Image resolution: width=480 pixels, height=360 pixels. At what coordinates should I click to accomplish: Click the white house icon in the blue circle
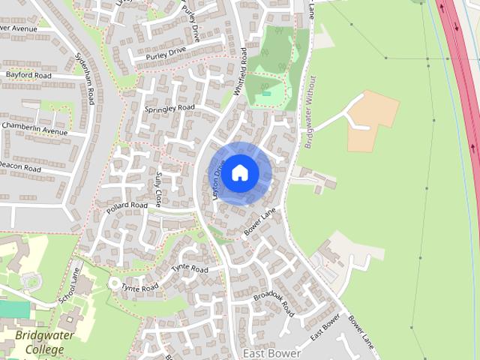click(239, 172)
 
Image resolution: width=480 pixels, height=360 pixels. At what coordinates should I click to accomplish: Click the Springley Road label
click(169, 109)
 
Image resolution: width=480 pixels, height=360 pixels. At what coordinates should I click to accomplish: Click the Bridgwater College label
click(44, 342)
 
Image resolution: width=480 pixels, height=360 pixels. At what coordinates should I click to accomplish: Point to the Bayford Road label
click(28, 76)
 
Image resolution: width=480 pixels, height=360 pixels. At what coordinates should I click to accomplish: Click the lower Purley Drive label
click(165, 55)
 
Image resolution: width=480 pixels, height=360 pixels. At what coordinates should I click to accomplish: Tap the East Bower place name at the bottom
click(271, 352)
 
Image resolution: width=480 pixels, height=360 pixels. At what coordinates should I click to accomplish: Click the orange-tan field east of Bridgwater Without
click(373, 118)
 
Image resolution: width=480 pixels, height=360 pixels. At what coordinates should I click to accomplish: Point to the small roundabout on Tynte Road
click(115, 283)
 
